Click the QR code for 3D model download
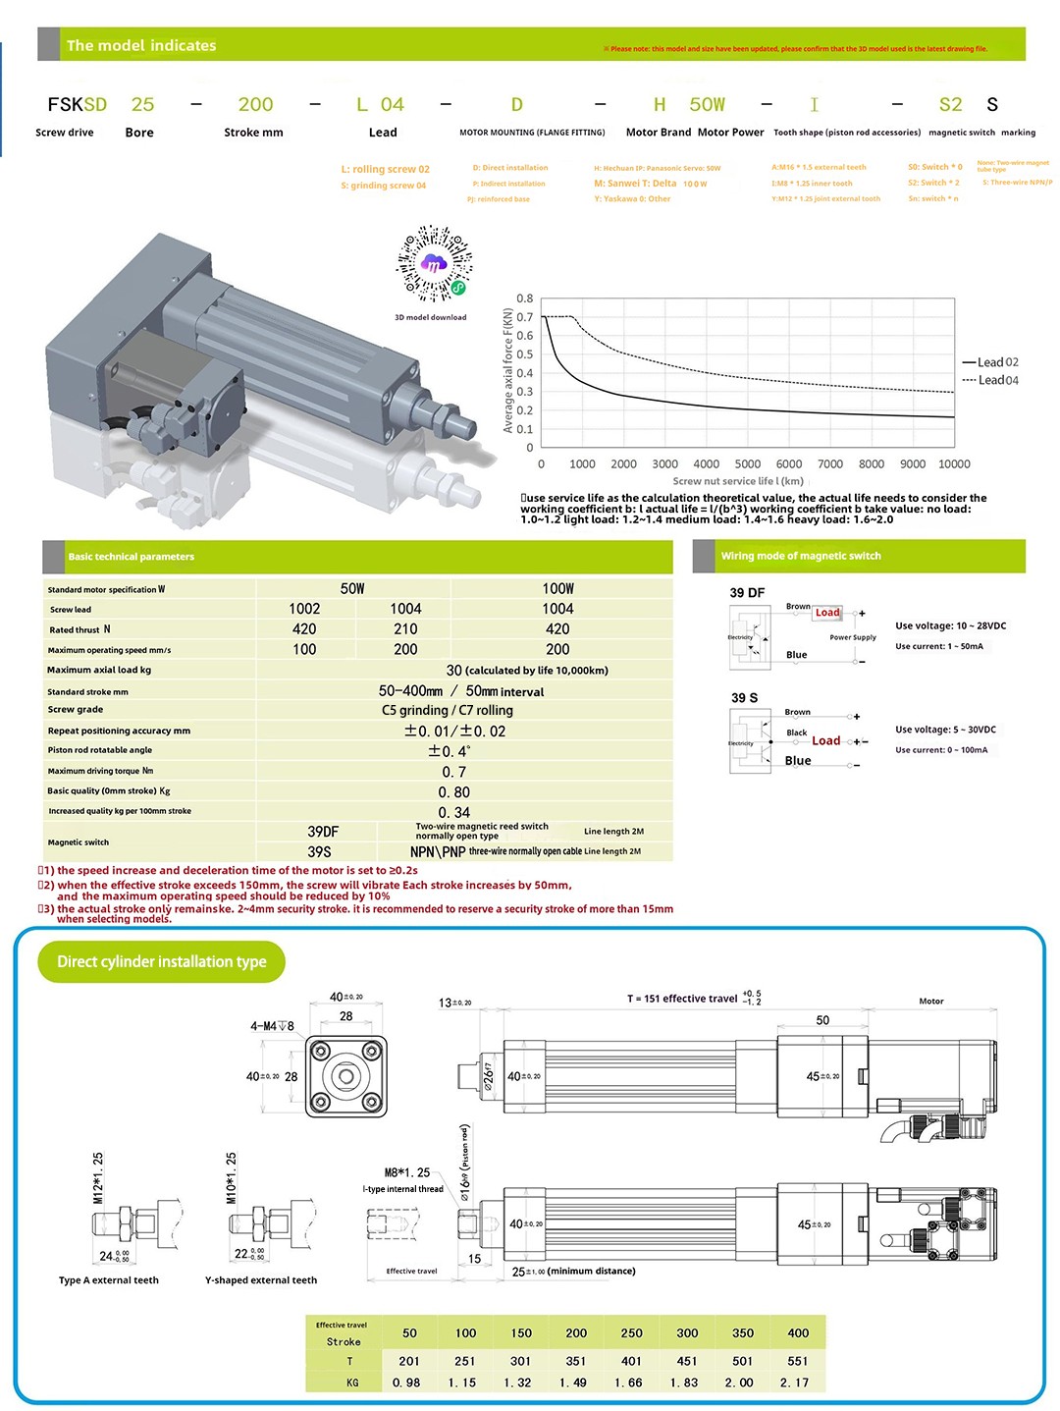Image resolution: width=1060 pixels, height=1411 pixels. click(x=433, y=264)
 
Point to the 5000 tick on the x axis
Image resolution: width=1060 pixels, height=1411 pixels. click(x=747, y=464)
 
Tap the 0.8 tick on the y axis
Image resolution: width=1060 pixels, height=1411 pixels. click(x=525, y=298)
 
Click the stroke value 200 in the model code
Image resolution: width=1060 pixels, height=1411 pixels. click(x=255, y=105)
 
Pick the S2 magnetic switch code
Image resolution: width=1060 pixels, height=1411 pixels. click(x=950, y=105)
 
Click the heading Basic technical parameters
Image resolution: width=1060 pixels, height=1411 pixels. click(x=132, y=557)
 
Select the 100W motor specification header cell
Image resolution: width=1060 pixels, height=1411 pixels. click(x=557, y=589)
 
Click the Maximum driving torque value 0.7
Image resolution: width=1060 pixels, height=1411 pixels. click(x=453, y=772)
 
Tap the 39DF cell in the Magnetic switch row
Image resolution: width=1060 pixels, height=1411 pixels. click(x=323, y=832)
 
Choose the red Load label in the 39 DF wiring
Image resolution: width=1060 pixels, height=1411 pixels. click(x=827, y=613)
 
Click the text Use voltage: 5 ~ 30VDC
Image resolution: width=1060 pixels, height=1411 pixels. click(x=945, y=730)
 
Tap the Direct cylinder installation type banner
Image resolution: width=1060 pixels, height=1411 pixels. click(x=162, y=962)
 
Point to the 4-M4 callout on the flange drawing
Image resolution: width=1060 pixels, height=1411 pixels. click(x=272, y=1026)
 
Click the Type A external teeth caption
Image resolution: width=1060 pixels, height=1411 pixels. click(x=109, y=1280)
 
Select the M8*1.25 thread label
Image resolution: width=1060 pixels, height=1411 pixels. click(x=407, y=1172)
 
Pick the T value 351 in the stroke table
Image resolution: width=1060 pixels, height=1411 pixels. click(x=576, y=1361)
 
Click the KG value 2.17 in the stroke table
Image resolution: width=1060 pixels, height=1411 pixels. click(x=798, y=1383)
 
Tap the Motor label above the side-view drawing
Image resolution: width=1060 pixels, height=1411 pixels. click(x=931, y=1002)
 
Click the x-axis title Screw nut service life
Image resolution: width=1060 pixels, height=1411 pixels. click(x=738, y=481)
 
